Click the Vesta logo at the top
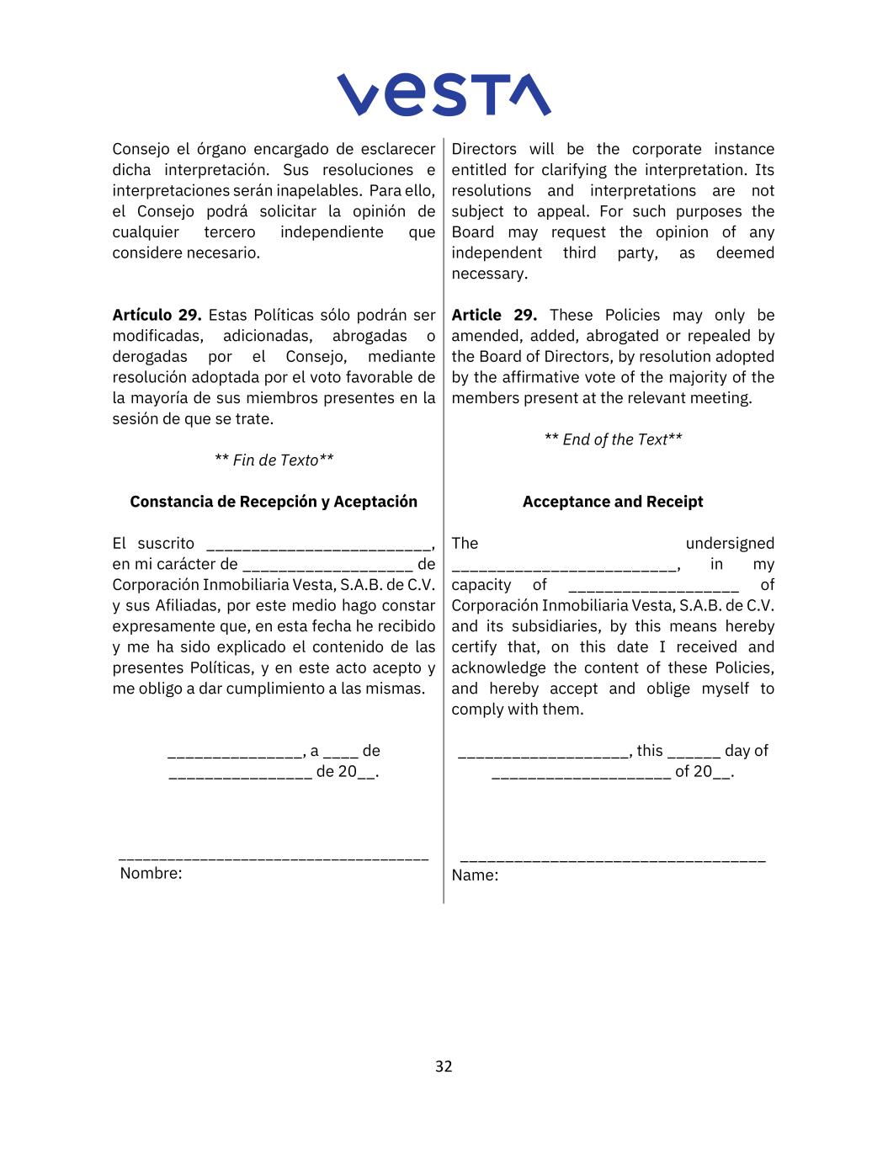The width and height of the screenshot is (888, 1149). click(444, 94)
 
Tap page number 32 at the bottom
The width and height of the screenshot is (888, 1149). click(444, 1067)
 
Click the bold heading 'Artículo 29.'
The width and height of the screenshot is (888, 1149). click(157, 316)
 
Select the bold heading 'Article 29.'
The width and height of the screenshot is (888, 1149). click(494, 316)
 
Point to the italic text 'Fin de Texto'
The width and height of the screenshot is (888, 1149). click(274, 460)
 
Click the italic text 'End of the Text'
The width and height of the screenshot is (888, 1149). click(614, 439)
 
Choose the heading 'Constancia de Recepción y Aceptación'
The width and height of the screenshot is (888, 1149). click(274, 502)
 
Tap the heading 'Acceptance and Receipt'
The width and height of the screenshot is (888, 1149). click(613, 502)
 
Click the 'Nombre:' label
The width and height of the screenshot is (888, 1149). click(151, 874)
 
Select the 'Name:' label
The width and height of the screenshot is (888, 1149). click(475, 875)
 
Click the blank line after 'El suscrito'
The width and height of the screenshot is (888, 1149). click(318, 547)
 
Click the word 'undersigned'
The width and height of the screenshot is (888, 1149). click(730, 544)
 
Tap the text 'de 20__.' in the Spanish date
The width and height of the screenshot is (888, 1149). click(348, 772)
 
